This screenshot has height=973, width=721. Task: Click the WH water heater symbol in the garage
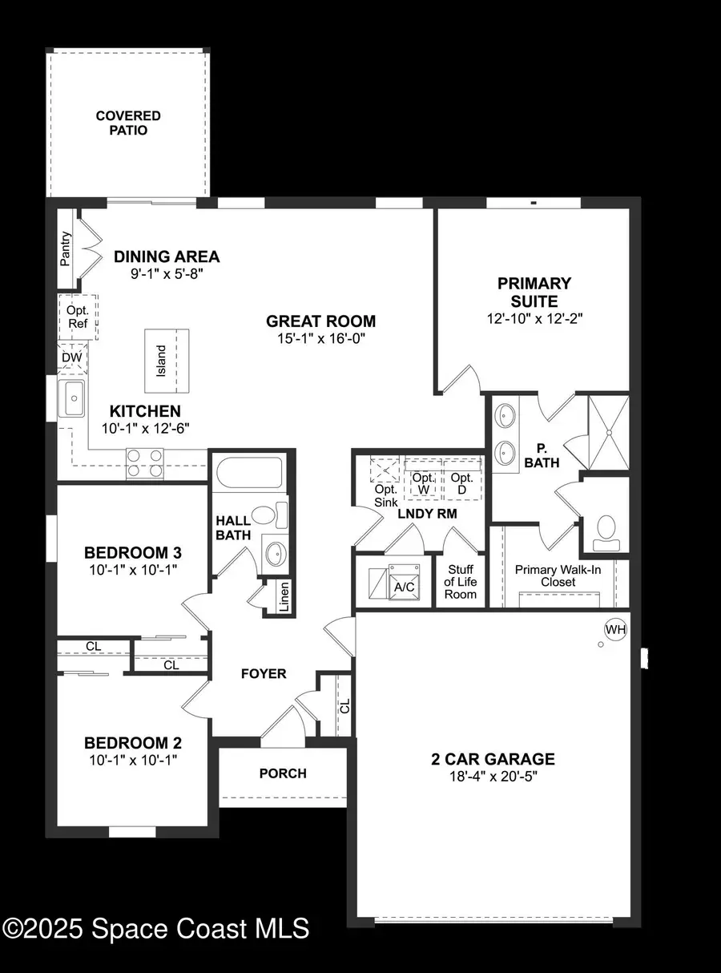pyautogui.click(x=615, y=629)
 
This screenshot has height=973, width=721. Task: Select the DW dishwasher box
pyautogui.click(x=72, y=357)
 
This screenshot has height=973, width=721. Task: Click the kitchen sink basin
pyautogui.click(x=74, y=399)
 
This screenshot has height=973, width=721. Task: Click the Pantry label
pyautogui.click(x=66, y=248)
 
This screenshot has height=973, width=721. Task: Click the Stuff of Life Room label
pyautogui.click(x=461, y=582)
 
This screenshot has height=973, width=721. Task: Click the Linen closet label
pyautogui.click(x=284, y=596)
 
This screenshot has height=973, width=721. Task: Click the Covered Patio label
pyautogui.click(x=128, y=123)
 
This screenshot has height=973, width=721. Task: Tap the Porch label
pyautogui.click(x=283, y=773)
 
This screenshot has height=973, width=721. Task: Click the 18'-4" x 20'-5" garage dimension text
pyautogui.click(x=493, y=777)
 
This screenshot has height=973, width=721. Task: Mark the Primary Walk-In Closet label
pyautogui.click(x=557, y=575)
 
